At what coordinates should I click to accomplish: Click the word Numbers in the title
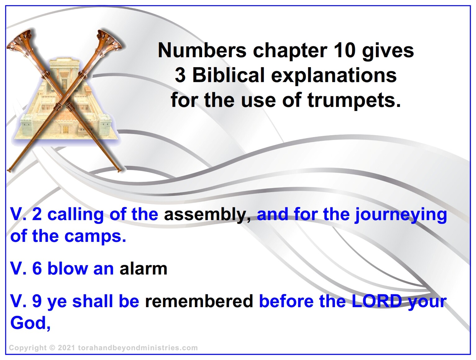pyautogui.click(x=202, y=50)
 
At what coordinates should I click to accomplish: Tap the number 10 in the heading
pyautogui.click(x=342, y=50)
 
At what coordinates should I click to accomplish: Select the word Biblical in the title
pyautogui.click(x=228, y=75)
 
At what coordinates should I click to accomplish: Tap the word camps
pyautogui.click(x=95, y=237)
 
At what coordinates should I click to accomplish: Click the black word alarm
pyautogui.click(x=143, y=269)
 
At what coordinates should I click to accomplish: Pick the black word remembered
pyautogui.click(x=199, y=301)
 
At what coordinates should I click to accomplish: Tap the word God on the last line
pyautogui.click(x=30, y=323)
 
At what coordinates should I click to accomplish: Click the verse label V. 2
pyautogui.click(x=26, y=214)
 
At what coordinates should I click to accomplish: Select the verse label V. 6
pyautogui.click(x=26, y=269)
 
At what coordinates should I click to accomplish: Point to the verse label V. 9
pyautogui.click(x=26, y=301)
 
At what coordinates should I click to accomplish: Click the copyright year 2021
pyautogui.click(x=66, y=348)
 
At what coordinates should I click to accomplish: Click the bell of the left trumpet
pyautogui.click(x=20, y=41)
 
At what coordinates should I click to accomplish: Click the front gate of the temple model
pyautogui.click(x=66, y=130)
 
